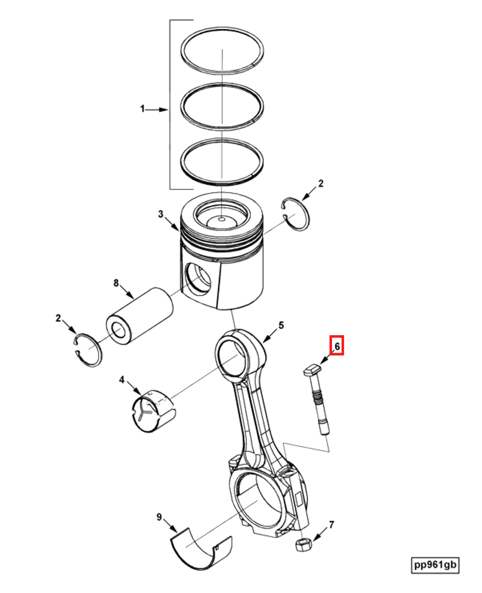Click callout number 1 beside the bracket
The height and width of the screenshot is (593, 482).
coord(143,109)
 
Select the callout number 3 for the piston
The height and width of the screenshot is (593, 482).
coord(161,214)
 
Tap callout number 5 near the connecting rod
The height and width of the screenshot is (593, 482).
coord(281,325)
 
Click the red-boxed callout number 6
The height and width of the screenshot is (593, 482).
coord(337,346)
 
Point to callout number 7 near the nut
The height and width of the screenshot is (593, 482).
coord(331,525)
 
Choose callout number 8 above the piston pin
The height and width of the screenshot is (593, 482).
coord(116,283)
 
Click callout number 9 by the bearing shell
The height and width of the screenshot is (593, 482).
coord(159,517)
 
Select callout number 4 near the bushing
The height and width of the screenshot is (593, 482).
coord(122,380)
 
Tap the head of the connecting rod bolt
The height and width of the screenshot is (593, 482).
coord(312,369)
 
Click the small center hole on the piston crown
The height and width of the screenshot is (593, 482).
coord(221,219)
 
